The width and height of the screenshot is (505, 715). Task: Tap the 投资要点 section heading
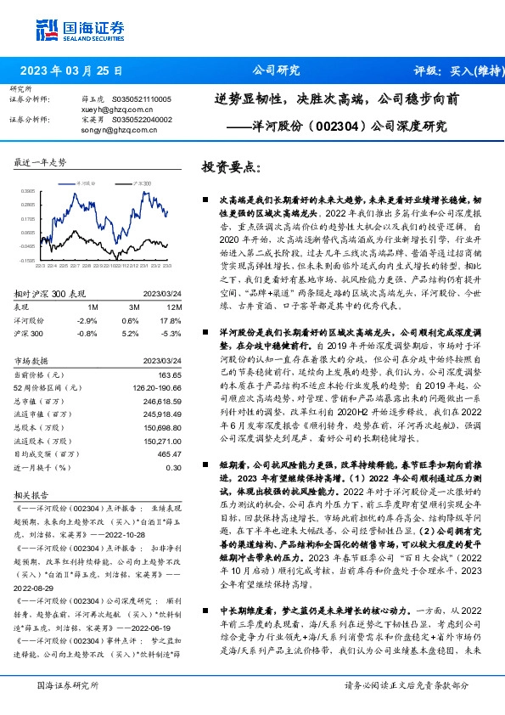tap(230, 166)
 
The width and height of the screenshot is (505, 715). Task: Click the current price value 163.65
tap(171, 374)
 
